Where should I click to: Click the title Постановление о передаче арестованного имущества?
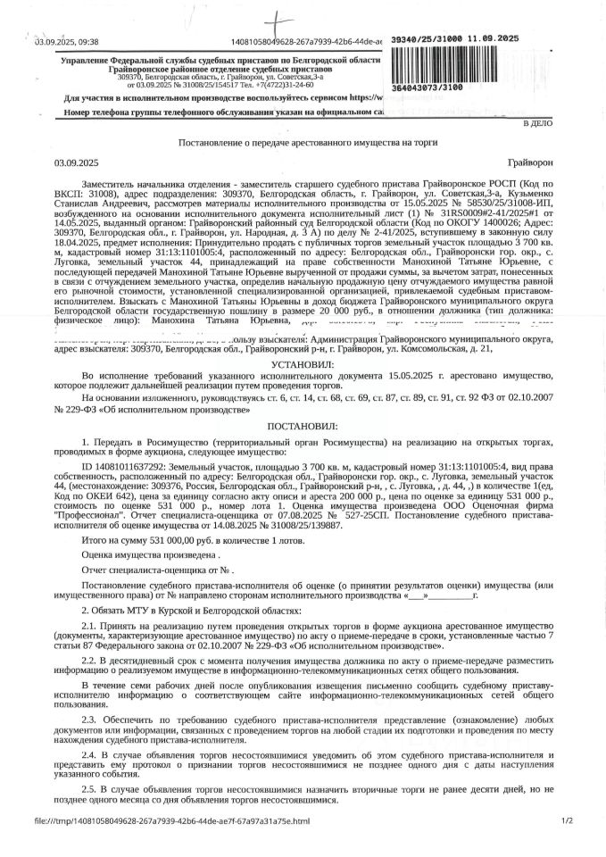[303, 144]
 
